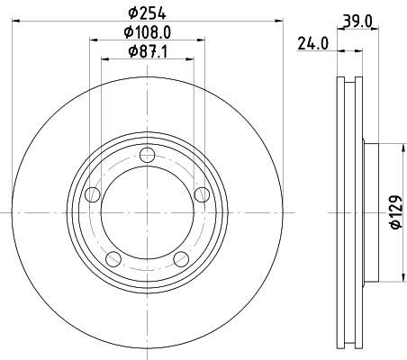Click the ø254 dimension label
click(x=147, y=13)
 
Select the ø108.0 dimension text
click(x=148, y=32)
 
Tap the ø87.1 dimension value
click(x=148, y=51)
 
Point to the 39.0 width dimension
click(x=357, y=22)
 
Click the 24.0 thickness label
click(x=312, y=43)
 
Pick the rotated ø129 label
click(x=395, y=212)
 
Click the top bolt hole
click(x=148, y=155)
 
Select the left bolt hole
click(x=93, y=194)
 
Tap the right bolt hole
click(x=202, y=194)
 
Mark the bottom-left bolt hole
click(x=113, y=259)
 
